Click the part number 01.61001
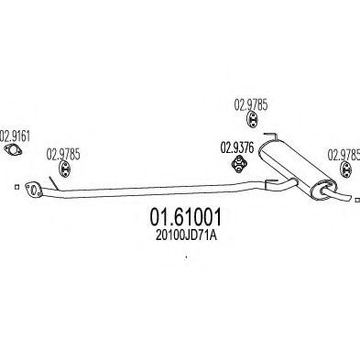pyautogui.click(x=185, y=217)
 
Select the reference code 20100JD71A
pyautogui.click(x=186, y=235)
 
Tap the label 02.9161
pyautogui.click(x=15, y=136)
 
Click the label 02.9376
pyautogui.click(x=237, y=148)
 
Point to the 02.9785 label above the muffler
pyautogui.click(x=251, y=105)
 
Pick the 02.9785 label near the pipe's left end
pyautogui.click(x=63, y=154)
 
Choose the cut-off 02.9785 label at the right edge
pyautogui.click(x=344, y=155)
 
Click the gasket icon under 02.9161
pyautogui.click(x=13, y=150)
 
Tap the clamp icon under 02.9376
pyautogui.click(x=239, y=164)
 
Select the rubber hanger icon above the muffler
pyautogui.click(x=252, y=119)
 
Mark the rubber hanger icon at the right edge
pyautogui.click(x=346, y=169)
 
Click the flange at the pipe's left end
pyautogui.click(x=33, y=190)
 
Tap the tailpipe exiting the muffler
pyautogui.click(x=336, y=194)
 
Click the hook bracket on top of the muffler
pyautogui.click(x=271, y=136)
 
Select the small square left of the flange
pyautogui.click(x=16, y=187)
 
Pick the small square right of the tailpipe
pyautogui.click(x=357, y=200)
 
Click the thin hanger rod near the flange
pyautogui.click(x=52, y=182)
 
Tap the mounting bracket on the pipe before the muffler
pyautogui.click(x=270, y=182)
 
